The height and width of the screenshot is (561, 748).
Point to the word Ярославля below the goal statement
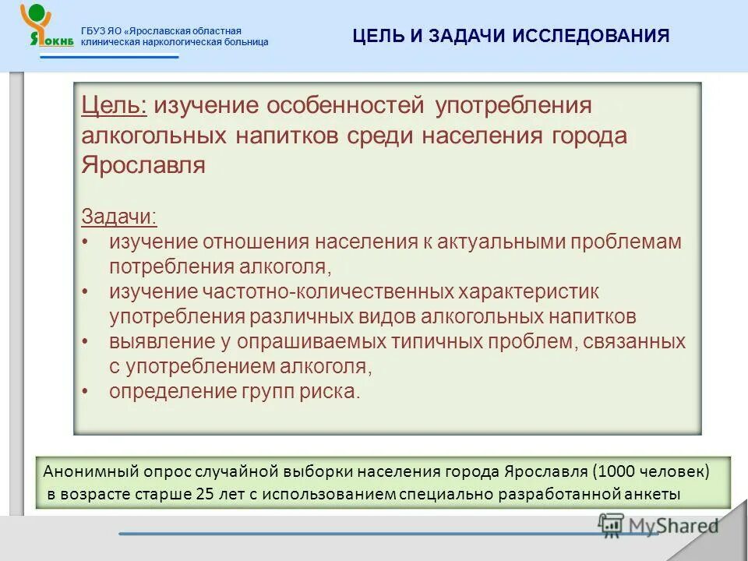coord(143,166)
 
